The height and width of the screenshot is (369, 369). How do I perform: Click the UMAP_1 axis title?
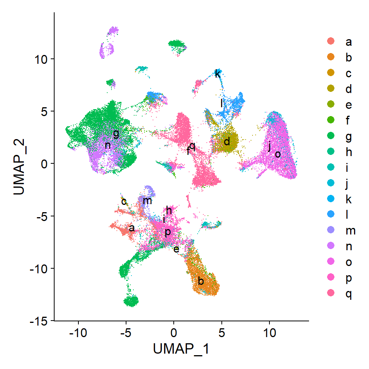coord(181,349)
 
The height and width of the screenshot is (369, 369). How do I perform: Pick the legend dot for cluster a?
coord(330,41)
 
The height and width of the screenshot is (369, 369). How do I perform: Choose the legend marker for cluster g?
coord(330,136)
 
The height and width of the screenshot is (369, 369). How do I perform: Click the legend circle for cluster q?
coord(330,294)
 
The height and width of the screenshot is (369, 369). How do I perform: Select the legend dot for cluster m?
coord(330,231)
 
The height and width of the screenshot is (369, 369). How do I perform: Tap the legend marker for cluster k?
coord(330,199)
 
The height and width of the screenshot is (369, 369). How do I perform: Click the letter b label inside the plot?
coord(200,281)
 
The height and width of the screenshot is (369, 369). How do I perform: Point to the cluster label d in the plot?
coord(227,141)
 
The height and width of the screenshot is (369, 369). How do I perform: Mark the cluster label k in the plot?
coord(218,73)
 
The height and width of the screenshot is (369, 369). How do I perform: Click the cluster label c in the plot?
coord(124,201)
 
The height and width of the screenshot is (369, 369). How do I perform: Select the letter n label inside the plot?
coord(108,145)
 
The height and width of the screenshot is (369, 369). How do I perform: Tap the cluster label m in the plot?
coord(147,200)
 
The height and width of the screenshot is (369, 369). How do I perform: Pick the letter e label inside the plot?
coord(176,249)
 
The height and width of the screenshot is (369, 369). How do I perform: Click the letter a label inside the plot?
coord(131,228)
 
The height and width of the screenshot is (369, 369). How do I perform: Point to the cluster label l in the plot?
coord(221,103)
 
